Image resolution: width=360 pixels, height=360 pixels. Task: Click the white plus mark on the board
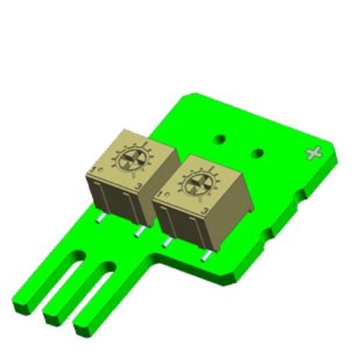(x=313, y=153)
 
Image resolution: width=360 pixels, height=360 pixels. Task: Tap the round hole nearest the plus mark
(x=258, y=153)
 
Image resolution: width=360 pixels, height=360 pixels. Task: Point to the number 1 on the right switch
(x=158, y=195)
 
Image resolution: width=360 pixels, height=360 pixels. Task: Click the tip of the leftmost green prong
(x=24, y=302)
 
